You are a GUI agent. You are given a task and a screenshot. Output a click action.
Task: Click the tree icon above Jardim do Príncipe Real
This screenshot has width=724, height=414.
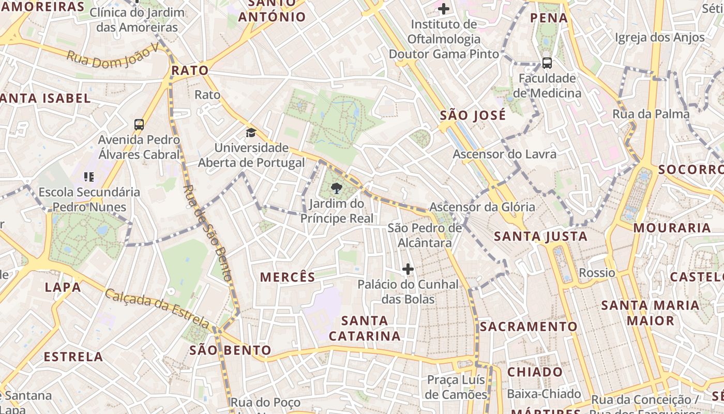(336, 188)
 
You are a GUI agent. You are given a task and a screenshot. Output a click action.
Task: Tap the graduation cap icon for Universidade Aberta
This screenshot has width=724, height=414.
(251, 132)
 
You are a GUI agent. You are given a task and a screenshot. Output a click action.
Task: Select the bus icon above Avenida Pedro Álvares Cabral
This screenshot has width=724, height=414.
(139, 124)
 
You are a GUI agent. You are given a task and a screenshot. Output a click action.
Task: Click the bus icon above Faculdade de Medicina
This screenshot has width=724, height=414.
(547, 63)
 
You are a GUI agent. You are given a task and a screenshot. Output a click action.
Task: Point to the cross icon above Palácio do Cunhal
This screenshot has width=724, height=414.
(408, 269)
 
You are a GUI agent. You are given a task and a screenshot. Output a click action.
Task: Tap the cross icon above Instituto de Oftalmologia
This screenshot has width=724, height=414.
(443, 9)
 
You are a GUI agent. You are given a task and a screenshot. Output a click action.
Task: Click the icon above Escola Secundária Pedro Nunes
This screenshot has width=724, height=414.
(89, 177)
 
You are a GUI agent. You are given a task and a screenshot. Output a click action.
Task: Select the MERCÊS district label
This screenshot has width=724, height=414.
(288, 277)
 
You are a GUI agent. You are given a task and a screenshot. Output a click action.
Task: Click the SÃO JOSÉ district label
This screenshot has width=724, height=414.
(473, 115)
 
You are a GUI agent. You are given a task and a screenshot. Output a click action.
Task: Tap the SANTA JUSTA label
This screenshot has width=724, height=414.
(540, 237)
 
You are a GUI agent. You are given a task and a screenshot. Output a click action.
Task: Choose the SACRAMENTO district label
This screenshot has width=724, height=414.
(528, 327)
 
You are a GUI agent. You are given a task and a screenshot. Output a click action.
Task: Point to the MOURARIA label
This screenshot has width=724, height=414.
(672, 228)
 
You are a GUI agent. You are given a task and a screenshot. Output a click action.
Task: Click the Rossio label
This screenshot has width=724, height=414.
(597, 273)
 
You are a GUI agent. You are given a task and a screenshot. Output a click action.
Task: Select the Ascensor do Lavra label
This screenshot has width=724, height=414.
(504, 154)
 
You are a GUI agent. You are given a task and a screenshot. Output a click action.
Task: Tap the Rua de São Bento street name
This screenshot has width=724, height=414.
(207, 233)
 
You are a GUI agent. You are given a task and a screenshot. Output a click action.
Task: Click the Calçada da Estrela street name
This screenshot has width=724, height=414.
(157, 308)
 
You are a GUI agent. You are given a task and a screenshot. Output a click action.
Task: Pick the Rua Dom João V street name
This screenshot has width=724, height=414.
(112, 56)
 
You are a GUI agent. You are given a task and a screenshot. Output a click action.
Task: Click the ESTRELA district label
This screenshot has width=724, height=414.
(73, 357)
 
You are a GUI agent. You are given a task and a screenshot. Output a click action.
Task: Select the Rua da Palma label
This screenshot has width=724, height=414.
(651, 114)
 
